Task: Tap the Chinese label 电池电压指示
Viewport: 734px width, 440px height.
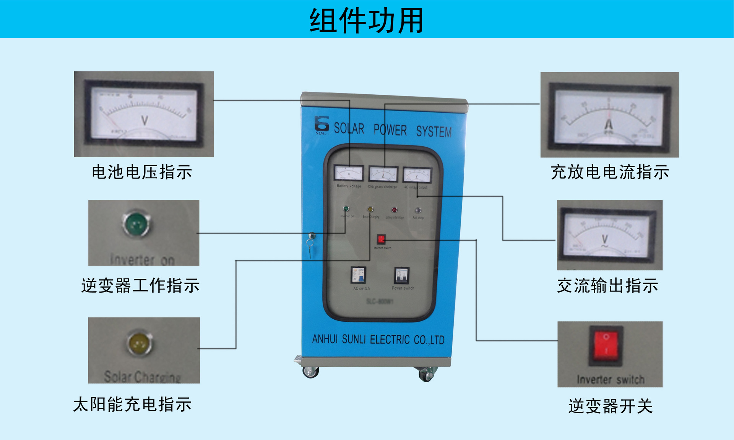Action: (142, 172)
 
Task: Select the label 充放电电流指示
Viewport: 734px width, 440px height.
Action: (610, 172)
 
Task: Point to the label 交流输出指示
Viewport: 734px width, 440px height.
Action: (607, 286)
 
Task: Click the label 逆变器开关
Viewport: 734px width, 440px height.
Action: (610, 406)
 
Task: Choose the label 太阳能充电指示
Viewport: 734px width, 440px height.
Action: (132, 404)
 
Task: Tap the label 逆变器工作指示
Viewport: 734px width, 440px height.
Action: (140, 286)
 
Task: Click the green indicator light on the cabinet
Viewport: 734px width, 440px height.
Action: (346, 209)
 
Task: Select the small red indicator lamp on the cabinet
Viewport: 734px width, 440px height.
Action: (394, 210)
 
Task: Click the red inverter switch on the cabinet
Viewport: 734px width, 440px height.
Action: (381, 239)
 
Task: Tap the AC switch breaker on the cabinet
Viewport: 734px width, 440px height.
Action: (359, 275)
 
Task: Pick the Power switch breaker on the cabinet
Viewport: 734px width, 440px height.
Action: (402, 275)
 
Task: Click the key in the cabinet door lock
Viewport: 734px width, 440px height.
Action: (310, 243)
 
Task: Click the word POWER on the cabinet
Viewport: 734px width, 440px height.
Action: (390, 130)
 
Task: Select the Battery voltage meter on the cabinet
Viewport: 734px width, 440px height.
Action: (349, 173)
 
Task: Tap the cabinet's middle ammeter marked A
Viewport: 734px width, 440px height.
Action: (383, 174)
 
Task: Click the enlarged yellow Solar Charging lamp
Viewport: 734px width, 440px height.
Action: (139, 343)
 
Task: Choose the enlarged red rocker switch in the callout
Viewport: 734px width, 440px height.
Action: (606, 343)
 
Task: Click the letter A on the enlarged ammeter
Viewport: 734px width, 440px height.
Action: (609, 124)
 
